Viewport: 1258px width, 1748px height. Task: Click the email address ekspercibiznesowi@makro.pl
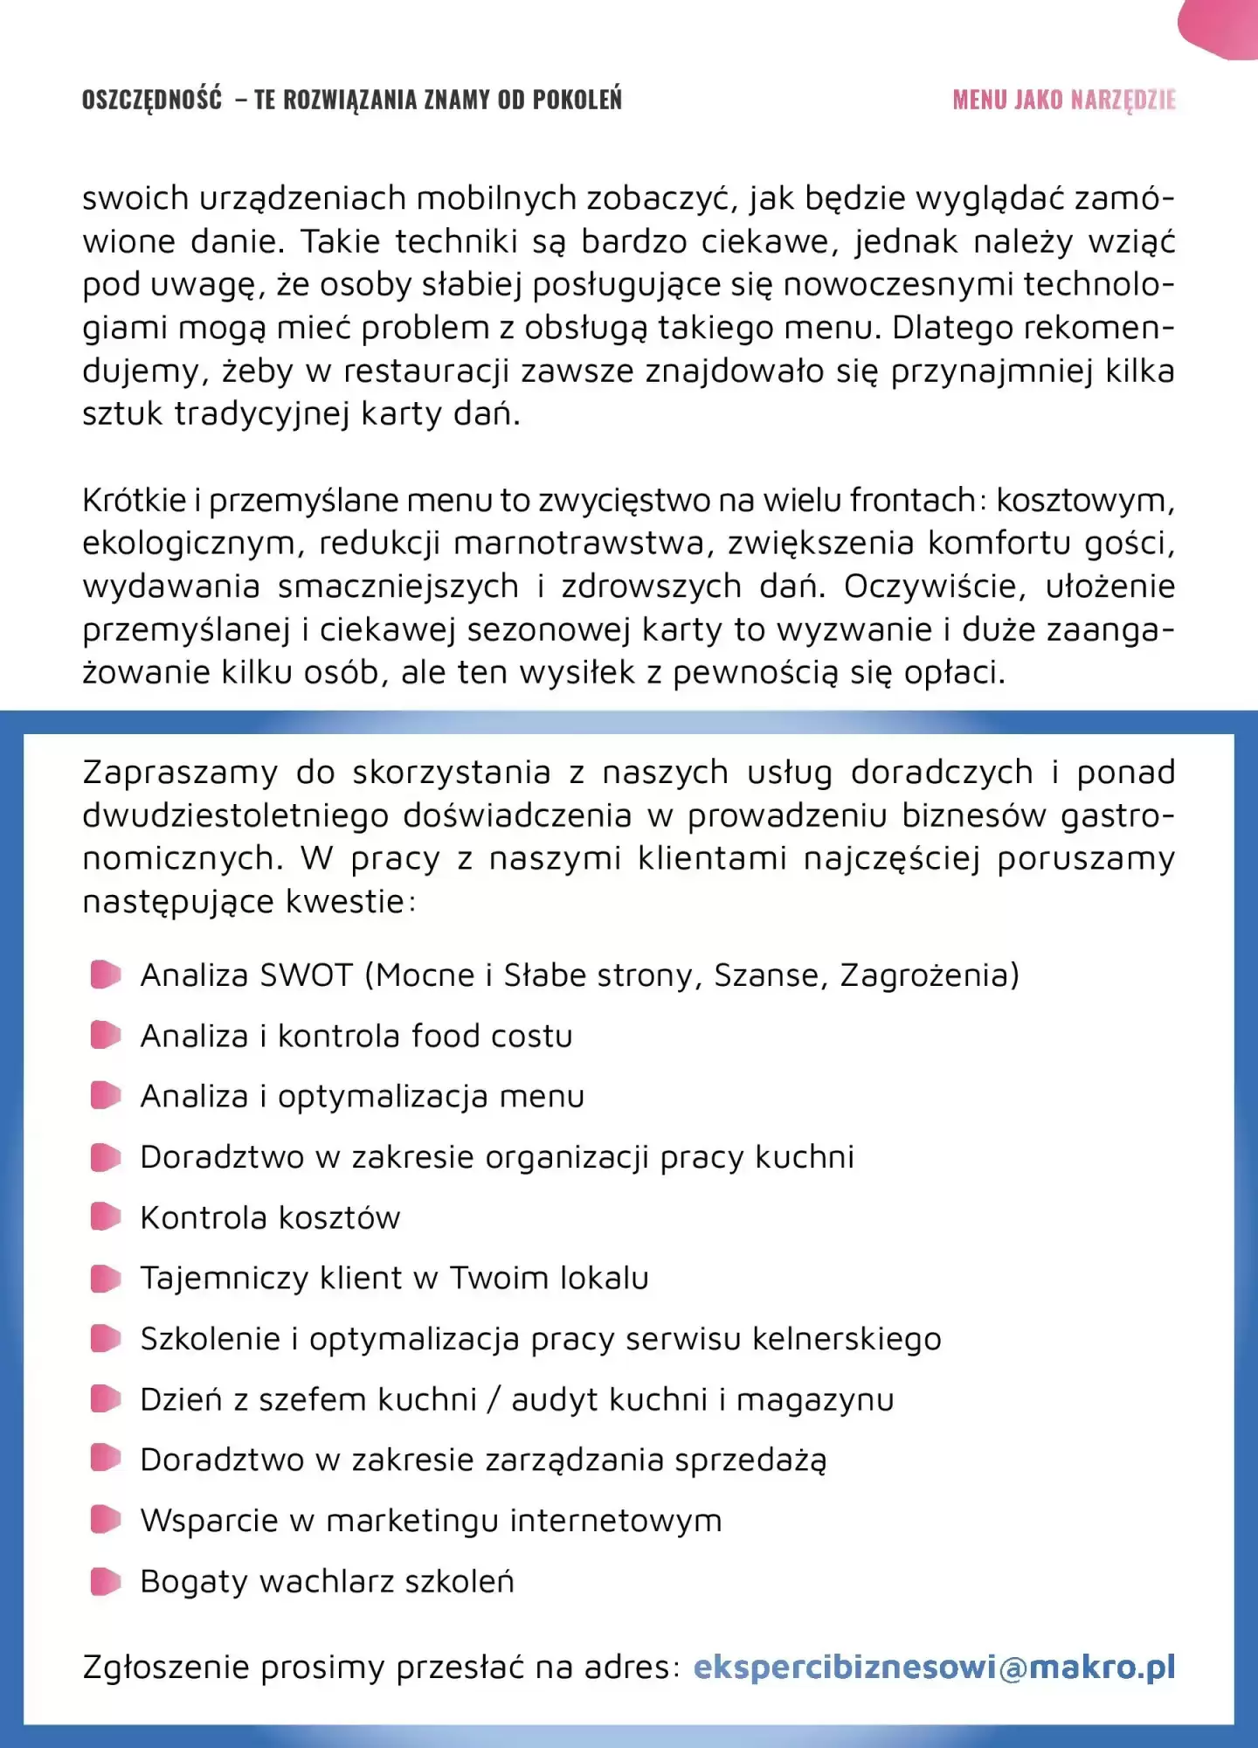click(x=933, y=1667)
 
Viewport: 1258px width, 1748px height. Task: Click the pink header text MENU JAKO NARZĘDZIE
click(x=1063, y=100)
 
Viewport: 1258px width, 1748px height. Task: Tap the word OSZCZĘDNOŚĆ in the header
click(x=152, y=100)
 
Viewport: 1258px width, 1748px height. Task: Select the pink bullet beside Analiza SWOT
click(x=106, y=975)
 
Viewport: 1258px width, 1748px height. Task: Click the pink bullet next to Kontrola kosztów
click(x=106, y=1217)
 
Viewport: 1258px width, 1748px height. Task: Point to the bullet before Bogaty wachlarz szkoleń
click(x=106, y=1581)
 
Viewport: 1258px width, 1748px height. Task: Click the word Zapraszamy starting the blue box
click(x=180, y=773)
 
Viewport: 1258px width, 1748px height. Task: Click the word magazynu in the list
click(x=815, y=1400)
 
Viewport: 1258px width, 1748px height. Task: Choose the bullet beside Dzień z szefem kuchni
click(x=106, y=1399)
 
